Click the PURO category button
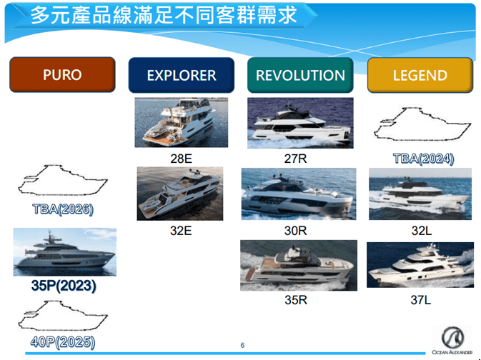(x=62, y=75)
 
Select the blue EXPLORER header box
(x=182, y=75)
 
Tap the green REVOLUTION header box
(x=300, y=75)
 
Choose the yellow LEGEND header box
(x=420, y=75)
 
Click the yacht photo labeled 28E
(x=181, y=122)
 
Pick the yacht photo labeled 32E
(x=180, y=194)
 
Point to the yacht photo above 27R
(x=300, y=123)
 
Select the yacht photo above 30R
(x=299, y=194)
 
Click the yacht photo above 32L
(x=420, y=194)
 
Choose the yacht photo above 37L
(x=420, y=266)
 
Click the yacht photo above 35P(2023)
(x=64, y=252)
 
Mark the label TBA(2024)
(x=423, y=159)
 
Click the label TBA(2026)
(x=63, y=210)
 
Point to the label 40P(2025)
(x=63, y=342)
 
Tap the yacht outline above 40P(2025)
(x=64, y=319)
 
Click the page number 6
(x=243, y=346)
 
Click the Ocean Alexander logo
(x=452, y=339)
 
